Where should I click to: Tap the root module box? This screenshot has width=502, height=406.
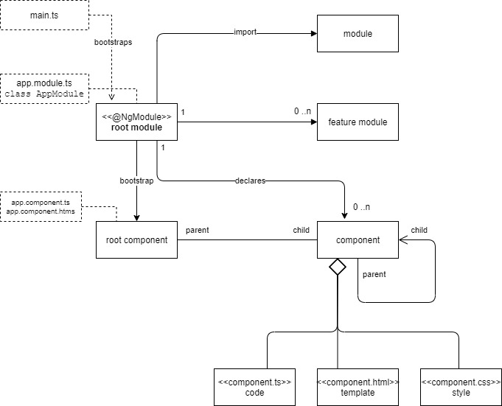pyautogui.click(x=136, y=122)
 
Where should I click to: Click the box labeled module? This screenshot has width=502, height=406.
pyautogui.click(x=358, y=34)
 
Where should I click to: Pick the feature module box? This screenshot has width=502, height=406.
pyautogui.click(x=358, y=122)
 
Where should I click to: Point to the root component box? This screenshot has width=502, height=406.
pyautogui.click(x=136, y=239)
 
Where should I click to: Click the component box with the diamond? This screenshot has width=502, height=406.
pyautogui.click(x=358, y=239)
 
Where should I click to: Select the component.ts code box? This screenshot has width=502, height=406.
pyautogui.click(x=254, y=387)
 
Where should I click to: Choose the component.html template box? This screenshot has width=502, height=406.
pyautogui.click(x=358, y=387)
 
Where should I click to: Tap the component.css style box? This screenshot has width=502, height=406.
pyautogui.click(x=460, y=387)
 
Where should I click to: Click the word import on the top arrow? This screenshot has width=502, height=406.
pyautogui.click(x=245, y=33)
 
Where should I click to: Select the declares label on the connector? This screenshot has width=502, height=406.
pyautogui.click(x=250, y=180)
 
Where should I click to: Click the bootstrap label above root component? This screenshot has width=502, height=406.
pyautogui.click(x=136, y=181)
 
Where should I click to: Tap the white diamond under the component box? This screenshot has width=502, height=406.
pyautogui.click(x=337, y=267)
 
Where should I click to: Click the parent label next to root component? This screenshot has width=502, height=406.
pyautogui.click(x=197, y=231)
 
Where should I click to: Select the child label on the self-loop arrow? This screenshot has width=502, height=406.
pyautogui.click(x=419, y=230)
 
